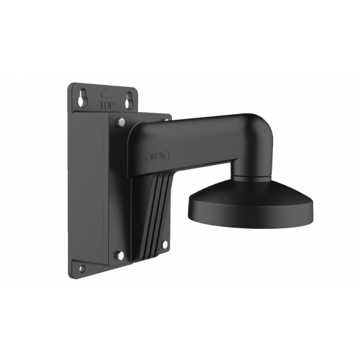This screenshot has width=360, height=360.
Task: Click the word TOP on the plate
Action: point(105,105)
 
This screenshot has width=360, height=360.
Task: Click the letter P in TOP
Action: point(110,105)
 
